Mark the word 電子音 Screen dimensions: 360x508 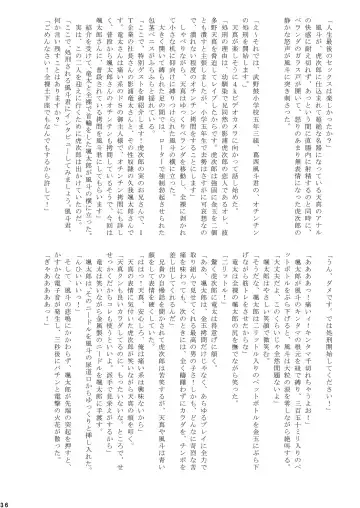[x=41, y=300]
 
